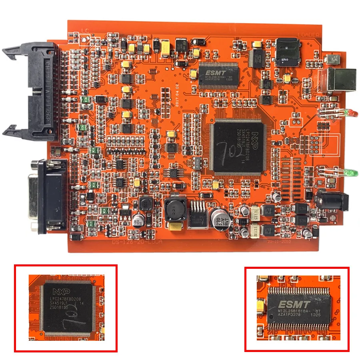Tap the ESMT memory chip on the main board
pyautogui.click(x=218, y=73)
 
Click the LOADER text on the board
pyautogui.click(x=308, y=35)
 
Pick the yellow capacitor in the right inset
pyautogui.click(x=262, y=306)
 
